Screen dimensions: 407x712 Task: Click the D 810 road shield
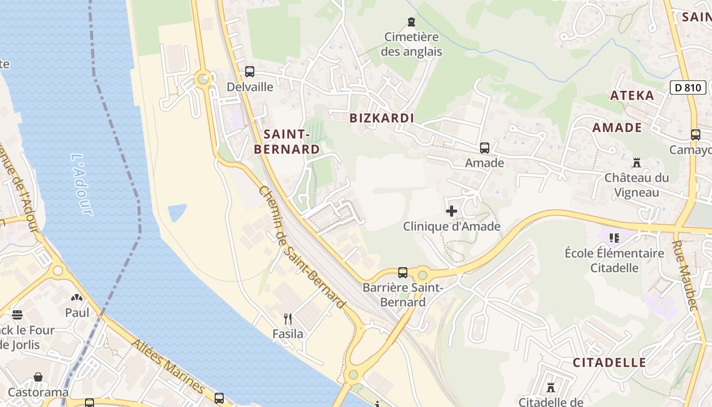click(688, 88)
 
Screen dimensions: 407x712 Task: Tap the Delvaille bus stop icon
click(249, 72)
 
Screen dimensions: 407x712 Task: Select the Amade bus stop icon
click(484, 148)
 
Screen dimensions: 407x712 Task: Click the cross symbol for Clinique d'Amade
click(451, 211)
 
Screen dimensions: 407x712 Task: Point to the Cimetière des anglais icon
click(411, 22)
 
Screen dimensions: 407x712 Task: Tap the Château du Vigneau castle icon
click(636, 163)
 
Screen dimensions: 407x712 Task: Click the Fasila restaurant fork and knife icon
click(288, 319)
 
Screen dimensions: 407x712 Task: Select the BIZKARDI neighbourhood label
click(381, 118)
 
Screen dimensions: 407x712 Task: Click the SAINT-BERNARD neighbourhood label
click(287, 141)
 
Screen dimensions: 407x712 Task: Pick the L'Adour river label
click(81, 184)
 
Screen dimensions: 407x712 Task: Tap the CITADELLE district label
click(609, 363)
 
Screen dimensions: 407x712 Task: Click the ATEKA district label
click(632, 96)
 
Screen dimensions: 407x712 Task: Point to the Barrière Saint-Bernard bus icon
click(403, 273)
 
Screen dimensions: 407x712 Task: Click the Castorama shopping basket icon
click(38, 377)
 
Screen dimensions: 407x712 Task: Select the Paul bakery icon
click(77, 298)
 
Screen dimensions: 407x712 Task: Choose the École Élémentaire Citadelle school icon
click(614, 238)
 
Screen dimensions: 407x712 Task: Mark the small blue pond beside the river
click(176, 212)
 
